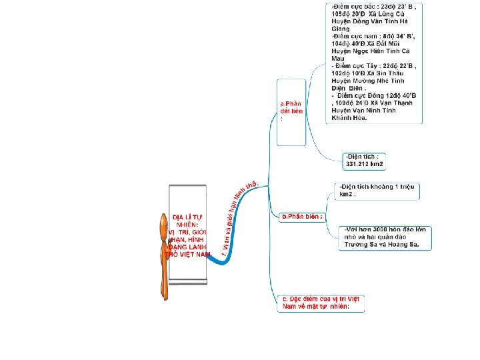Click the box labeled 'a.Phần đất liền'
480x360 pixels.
pyautogui.click(x=291, y=111)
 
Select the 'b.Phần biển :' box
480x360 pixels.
pyautogui.click(x=303, y=217)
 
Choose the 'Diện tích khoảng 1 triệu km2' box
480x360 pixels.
pyautogui.click(x=377, y=191)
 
